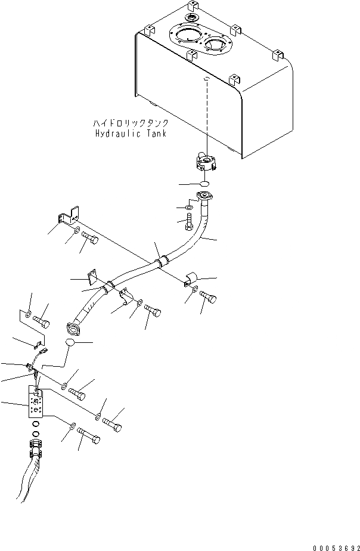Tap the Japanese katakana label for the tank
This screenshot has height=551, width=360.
click(130, 123)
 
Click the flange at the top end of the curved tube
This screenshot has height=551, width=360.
click(204, 196)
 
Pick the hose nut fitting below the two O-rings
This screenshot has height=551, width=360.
click(36, 445)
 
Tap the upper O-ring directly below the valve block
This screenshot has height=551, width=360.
click(36, 425)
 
